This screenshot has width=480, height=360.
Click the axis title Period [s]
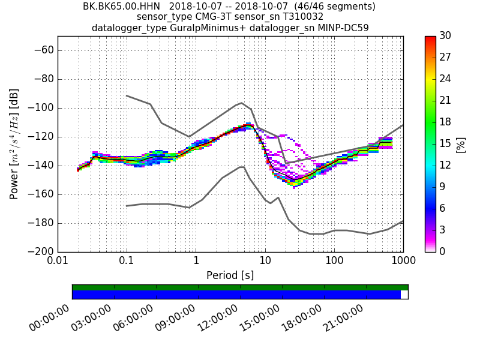click(x=230, y=275)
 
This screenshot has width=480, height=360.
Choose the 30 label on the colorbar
click(x=445, y=36)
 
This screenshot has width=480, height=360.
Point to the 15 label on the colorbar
click(x=445, y=144)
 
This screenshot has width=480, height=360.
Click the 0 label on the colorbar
click(x=443, y=251)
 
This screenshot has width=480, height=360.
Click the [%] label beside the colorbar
click(x=461, y=144)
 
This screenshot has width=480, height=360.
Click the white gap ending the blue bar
click(x=404, y=295)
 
